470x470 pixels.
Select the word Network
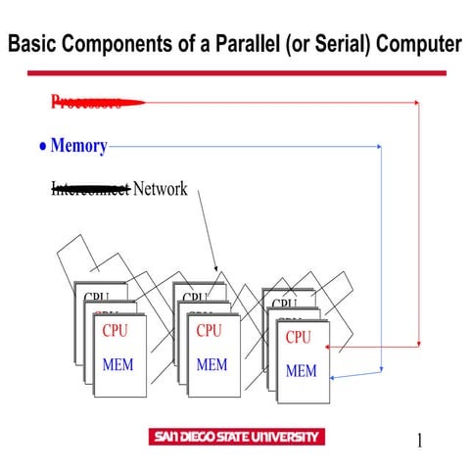[160, 189]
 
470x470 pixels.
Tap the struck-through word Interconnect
[89, 189]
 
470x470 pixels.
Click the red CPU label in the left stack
[115, 331]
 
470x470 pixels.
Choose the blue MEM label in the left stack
[117, 365]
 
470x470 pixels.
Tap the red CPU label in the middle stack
[210, 331]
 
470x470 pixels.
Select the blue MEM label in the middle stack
[211, 365]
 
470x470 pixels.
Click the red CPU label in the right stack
[298, 337]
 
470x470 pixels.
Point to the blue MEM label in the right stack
[301, 371]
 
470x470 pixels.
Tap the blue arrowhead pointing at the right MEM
[335, 378]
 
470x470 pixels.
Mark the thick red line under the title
[236, 72]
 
